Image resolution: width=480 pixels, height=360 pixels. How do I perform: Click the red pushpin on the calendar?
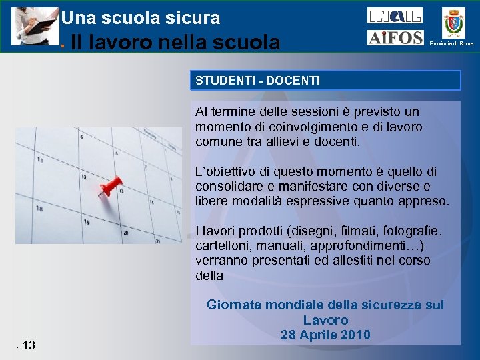[111, 185]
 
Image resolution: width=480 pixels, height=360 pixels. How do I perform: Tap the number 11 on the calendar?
[41, 160]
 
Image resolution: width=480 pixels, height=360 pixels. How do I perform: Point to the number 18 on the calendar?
[40, 209]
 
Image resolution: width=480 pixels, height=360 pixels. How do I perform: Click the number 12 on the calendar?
[83, 177]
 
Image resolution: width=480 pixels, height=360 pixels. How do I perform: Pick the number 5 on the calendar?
[81, 136]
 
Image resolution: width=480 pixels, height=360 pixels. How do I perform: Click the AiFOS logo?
[395, 38]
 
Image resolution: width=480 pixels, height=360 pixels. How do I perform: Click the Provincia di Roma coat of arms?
[455, 21]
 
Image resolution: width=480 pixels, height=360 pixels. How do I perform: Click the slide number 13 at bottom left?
[29, 345]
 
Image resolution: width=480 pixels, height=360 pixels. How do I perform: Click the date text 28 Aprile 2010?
[325, 335]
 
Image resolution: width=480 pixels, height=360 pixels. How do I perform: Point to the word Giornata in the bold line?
[233, 305]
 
